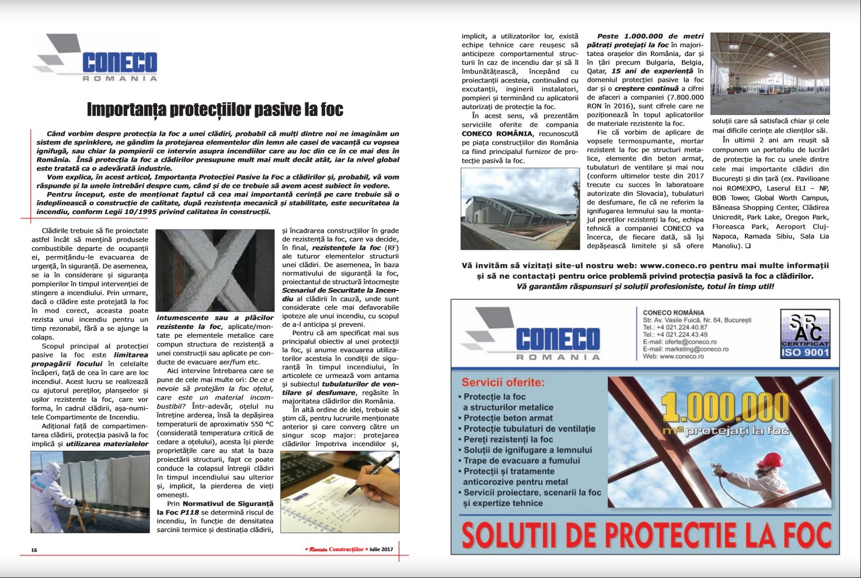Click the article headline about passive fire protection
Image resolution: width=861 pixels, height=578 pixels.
215,109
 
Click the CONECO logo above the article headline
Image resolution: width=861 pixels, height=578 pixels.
97,58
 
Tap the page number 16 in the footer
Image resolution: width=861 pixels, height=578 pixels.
34,550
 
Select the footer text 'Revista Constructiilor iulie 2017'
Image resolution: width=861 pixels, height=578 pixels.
348,549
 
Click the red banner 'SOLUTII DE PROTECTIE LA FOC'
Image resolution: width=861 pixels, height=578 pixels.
646,534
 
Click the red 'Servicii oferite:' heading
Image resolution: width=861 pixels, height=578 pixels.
503,383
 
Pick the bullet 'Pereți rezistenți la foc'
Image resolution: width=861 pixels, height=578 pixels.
508,439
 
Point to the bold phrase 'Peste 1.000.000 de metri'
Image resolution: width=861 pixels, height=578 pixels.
650,36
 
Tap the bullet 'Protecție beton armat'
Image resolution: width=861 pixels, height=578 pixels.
508,418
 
